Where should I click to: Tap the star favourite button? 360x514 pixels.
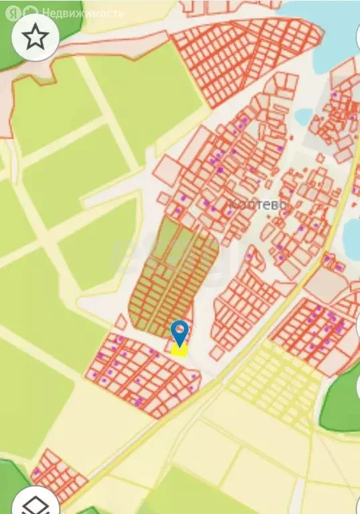coord(35,37)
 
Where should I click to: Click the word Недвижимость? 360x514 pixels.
coord(82,13)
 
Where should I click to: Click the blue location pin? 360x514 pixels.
coord(179,331)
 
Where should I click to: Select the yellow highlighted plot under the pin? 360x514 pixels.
coord(179,349)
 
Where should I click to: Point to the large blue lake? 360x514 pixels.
coord(335,37)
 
